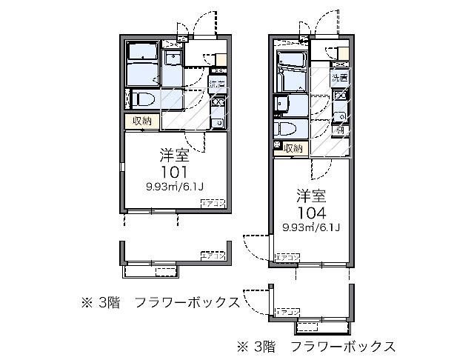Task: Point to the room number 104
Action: pyautogui.click(x=311, y=211)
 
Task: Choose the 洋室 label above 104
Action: pyautogui.click(x=311, y=196)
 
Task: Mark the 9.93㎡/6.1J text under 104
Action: pyautogui.click(x=311, y=227)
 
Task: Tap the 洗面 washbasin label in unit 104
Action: pyautogui.click(x=340, y=77)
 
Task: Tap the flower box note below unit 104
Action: pyautogui.click(x=316, y=345)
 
